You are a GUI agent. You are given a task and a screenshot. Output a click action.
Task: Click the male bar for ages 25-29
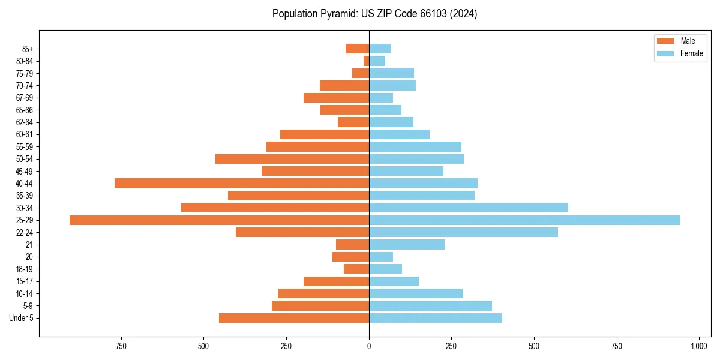pos(219,220)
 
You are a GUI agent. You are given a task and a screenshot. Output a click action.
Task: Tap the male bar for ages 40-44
pos(242,184)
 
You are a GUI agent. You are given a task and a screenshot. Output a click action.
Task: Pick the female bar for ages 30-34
pos(469,208)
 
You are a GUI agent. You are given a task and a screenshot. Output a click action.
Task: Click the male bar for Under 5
pos(294,318)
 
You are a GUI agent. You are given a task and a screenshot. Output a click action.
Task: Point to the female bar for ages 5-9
pos(430,306)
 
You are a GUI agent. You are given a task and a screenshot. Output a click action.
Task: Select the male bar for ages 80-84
pos(366,61)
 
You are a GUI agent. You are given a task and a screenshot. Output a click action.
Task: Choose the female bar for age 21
pos(407,245)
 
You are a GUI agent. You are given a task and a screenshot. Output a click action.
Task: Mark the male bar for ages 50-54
pos(292,159)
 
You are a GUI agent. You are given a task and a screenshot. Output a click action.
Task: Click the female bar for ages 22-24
pos(463,232)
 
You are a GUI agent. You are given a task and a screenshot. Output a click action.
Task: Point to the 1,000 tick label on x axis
pos(699,346)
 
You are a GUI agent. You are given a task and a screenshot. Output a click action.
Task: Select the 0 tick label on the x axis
pos(369,346)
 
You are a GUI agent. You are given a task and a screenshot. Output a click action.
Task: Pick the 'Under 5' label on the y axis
pos(22,318)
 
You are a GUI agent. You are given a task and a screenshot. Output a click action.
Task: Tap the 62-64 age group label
pos(26,122)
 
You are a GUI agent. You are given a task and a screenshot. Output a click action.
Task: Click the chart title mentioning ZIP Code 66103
pos(374,14)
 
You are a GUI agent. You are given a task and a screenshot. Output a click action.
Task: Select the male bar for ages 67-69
pos(336,98)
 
